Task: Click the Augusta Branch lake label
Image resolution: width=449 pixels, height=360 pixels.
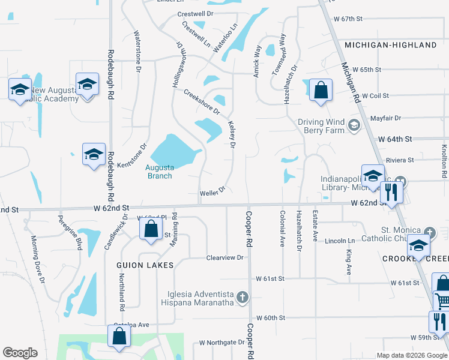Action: click(x=160, y=172)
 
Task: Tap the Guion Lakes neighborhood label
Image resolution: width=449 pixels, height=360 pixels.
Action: click(x=146, y=265)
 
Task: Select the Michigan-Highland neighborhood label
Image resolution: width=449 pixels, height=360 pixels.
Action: click(x=391, y=45)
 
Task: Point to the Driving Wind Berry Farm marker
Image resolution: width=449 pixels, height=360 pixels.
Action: click(x=354, y=125)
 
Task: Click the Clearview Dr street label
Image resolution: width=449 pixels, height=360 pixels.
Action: click(x=225, y=257)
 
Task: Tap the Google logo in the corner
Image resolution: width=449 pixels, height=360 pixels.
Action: click(x=20, y=353)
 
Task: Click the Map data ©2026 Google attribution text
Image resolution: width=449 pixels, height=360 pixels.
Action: click(x=412, y=355)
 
